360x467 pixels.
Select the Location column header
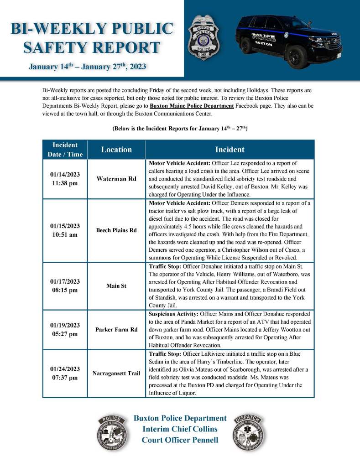[x=116, y=150]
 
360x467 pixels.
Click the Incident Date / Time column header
[x=65, y=150]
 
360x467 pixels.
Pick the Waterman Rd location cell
[x=116, y=178]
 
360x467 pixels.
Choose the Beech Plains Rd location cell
[x=116, y=230]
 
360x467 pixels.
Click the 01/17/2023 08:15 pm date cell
[x=65, y=286]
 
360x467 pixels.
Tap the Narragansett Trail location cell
[x=116, y=374]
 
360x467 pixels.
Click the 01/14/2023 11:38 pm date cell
[x=65, y=178]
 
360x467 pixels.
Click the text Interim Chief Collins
[x=180, y=429]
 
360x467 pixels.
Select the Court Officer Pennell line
[x=180, y=440]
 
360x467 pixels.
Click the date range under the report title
[x=87, y=67]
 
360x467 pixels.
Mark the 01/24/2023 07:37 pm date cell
[x=65, y=374]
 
